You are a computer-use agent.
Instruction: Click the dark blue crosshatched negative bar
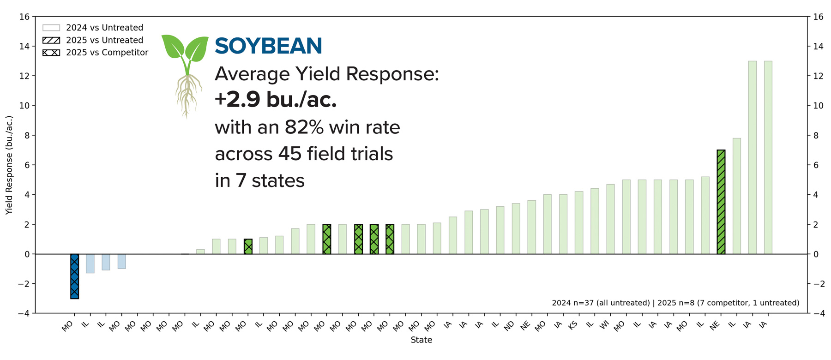74,276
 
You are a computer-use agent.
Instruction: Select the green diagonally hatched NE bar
721,202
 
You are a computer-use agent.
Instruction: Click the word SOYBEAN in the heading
268,46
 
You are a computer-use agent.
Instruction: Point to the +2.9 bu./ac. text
276,100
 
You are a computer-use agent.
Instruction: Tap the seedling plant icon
186,74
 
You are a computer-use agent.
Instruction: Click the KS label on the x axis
572,325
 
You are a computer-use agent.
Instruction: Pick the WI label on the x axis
604,325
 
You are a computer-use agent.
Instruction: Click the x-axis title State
421,340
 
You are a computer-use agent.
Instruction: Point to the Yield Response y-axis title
9,165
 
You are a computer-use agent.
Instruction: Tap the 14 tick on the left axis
24,46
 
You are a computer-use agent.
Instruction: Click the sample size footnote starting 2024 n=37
675,303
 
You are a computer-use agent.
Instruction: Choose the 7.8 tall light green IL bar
736,196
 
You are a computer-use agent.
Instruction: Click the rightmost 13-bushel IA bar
768,157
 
